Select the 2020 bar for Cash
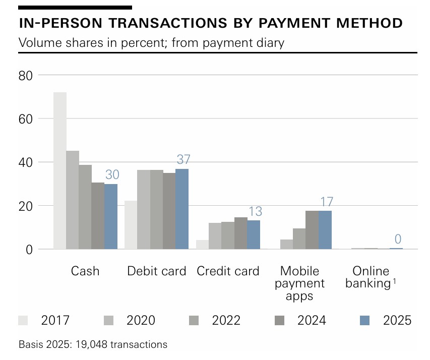pyautogui.click(x=73, y=200)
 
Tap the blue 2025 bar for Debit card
pyautogui.click(x=182, y=209)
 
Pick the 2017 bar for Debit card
pyautogui.click(x=131, y=225)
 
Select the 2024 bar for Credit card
pyautogui.click(x=240, y=233)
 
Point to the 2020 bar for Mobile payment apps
pyautogui.click(x=286, y=244)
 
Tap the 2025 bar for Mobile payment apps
pyautogui.click(x=325, y=230)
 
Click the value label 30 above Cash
pyautogui.click(x=112, y=175)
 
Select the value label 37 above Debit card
pyautogui.click(x=182, y=159)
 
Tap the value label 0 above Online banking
pyautogui.click(x=398, y=239)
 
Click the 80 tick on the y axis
pyautogui.click(x=26, y=76)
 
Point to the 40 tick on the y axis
pyautogui.click(x=26, y=162)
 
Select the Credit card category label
pyautogui.click(x=228, y=271)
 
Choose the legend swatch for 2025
pyautogui.click(x=366, y=320)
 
